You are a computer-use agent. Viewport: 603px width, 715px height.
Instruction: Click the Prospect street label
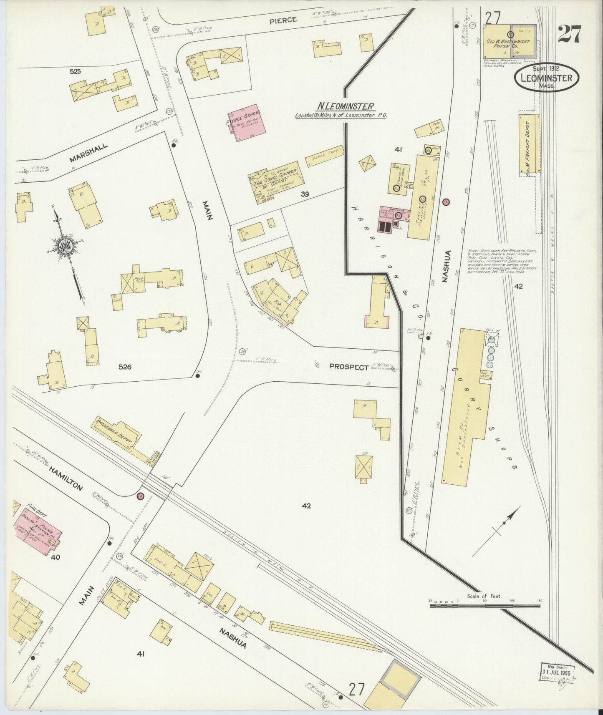pos(349,367)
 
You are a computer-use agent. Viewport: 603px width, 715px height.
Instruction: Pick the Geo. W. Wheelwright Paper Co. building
pos(509,41)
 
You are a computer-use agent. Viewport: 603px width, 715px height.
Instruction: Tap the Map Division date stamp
pos(557,672)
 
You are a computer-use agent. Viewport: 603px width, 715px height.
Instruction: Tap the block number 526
pos(125,367)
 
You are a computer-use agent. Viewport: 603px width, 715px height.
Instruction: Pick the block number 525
pos(75,72)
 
